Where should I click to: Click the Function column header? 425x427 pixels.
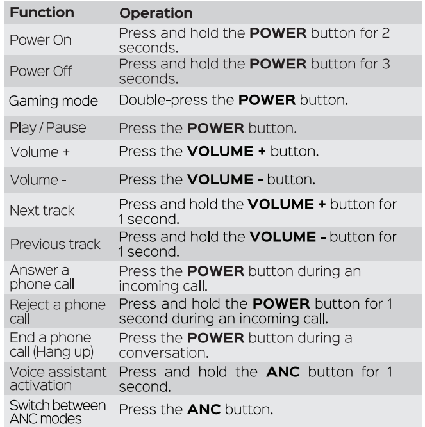pos(42,13)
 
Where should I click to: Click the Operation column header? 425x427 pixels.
pos(156,13)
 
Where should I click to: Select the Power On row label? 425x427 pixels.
pos(40,40)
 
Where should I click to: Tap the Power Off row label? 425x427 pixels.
pos(41,71)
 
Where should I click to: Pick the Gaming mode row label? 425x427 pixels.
pos(53,101)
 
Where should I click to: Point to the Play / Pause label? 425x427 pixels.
pos(48,128)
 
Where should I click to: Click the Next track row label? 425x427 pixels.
pos(42,211)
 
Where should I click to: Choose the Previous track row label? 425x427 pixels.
pos(55,244)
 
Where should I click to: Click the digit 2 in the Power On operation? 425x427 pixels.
pos(385,33)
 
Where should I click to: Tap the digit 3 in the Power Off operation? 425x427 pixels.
pos(386,64)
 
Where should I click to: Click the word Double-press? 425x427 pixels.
pos(163,101)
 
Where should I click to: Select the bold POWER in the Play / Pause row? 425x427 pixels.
pos(215,128)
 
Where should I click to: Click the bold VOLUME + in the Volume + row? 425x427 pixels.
pos(226,152)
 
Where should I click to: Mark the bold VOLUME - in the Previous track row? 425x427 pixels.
pos(288,237)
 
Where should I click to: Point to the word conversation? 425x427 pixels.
pos(164,353)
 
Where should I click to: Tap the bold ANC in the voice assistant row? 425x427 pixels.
pos(283,372)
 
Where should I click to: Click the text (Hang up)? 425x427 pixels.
pos(63,352)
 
